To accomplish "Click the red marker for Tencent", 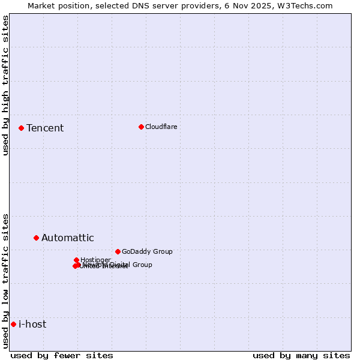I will [21, 128].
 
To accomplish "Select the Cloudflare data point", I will [141, 127].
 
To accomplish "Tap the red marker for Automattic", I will [36, 238].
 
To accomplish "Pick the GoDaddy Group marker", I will [118, 251].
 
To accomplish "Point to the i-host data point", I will [13, 324].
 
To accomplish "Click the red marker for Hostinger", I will [76, 260].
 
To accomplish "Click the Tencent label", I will [45, 128].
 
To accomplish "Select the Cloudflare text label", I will [161, 127].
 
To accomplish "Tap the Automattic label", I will [67, 238].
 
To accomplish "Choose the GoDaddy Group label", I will [147, 251].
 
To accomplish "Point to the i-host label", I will [32, 324].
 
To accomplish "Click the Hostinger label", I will [95, 259].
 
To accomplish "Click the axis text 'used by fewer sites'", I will [62, 355].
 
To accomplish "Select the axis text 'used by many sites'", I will [301, 355].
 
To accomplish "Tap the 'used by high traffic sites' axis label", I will [5, 85].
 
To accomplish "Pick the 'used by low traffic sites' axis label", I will [5, 281].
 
